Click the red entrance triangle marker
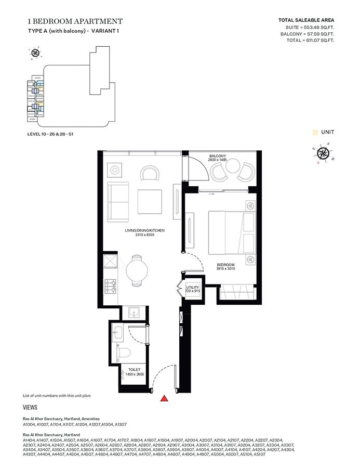pyautogui.click(x=164, y=399)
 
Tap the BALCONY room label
pyautogui.click(x=217, y=157)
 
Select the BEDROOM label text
pyautogui.click(x=225, y=265)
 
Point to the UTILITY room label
pyautogui.click(x=193, y=287)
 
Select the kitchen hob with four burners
pyautogui.click(x=111, y=285)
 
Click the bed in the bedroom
pyautogui.click(x=232, y=230)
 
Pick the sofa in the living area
pyautogui.click(x=118, y=202)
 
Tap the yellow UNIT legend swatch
pyautogui.click(x=315, y=133)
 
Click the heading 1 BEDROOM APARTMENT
pyautogui.click(x=75, y=21)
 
